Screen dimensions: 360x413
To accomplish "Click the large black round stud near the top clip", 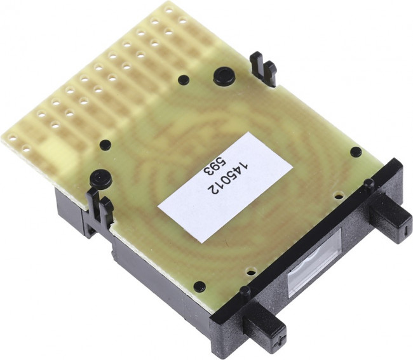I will coord(224,76).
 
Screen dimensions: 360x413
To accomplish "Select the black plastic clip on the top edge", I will coord(262,69).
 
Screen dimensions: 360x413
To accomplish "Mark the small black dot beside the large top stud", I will coord(183,80).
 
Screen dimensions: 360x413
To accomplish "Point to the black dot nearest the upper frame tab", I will coord(356,152).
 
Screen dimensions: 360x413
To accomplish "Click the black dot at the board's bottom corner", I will coord(200,286).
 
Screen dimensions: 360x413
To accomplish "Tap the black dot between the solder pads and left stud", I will coord(105,145).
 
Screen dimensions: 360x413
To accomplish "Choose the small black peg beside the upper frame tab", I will coord(368,184).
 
